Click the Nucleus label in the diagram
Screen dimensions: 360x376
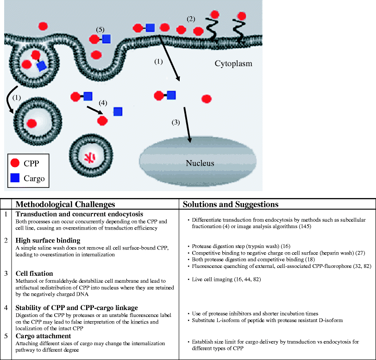coord(200,163)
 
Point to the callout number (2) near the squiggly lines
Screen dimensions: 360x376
coord(191,19)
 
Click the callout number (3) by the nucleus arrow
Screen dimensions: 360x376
coord(175,123)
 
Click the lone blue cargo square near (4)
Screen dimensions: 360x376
coord(118,111)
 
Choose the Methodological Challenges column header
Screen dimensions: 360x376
coord(65,204)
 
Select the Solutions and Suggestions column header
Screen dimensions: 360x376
coord(230,204)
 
